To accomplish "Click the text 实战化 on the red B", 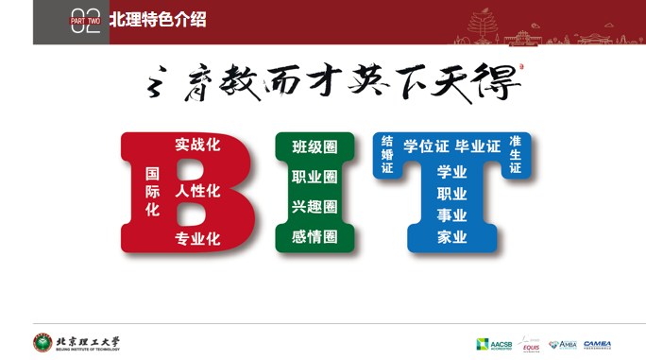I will click(197, 145).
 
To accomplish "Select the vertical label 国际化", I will click(152, 192).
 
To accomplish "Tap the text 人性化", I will click(197, 191).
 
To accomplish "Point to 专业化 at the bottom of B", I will click(197, 238).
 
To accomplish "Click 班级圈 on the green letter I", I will click(314, 147).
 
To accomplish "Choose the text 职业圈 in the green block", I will click(314, 177).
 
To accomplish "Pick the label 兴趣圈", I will click(314, 206).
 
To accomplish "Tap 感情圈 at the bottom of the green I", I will click(314, 236).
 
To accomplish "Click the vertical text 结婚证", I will click(387, 154).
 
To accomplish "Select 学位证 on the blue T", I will click(426, 146).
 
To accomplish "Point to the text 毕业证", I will click(478, 146).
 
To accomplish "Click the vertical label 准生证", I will click(515, 154).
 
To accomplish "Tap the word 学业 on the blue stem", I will click(451, 172).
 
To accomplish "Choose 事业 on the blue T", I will click(451, 215).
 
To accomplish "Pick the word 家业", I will click(451, 237).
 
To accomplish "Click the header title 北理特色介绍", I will click(157, 19).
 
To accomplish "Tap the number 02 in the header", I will click(85, 23).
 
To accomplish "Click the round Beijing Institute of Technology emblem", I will click(42, 343).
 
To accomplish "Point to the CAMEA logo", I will click(597, 344).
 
